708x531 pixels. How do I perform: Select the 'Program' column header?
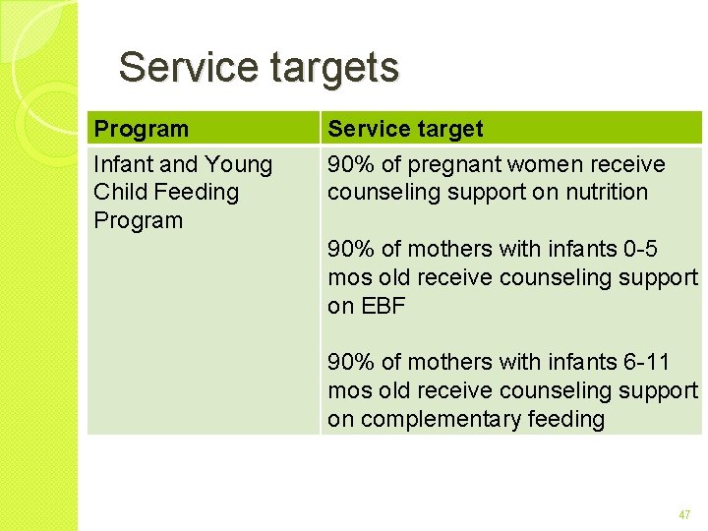coord(141,129)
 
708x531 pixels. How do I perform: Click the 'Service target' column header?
coord(405,129)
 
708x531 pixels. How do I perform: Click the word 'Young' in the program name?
coord(239,164)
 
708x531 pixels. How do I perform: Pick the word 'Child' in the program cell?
coord(117,192)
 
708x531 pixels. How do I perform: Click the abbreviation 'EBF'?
coord(383,306)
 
